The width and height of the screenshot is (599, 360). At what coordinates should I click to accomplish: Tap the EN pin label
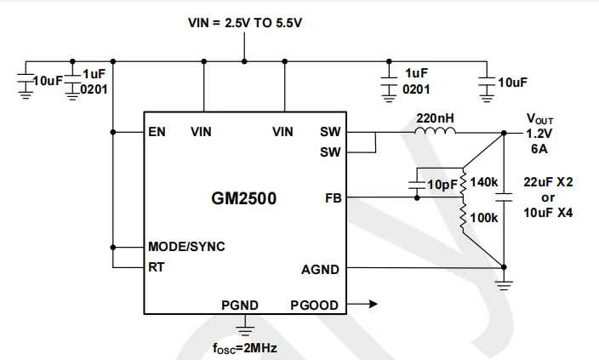tap(157, 132)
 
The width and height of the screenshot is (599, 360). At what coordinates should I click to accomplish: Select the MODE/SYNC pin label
tap(187, 247)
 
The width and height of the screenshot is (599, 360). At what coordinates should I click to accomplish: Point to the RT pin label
tap(157, 266)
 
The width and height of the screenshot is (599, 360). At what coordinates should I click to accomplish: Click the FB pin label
tap(333, 199)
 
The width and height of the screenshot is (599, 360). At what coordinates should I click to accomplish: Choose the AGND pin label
tap(320, 270)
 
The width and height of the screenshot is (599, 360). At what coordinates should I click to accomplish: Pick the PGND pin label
tap(240, 305)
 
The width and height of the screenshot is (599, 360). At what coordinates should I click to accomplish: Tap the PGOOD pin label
tap(314, 305)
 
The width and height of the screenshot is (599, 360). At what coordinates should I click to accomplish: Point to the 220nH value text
tap(434, 117)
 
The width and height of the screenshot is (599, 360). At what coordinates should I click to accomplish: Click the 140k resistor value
tap(483, 182)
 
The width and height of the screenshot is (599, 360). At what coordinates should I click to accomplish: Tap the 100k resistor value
tap(483, 218)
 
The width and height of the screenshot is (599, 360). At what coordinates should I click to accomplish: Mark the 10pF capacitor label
tap(440, 184)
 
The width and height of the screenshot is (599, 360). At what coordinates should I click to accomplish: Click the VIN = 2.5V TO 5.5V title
tap(245, 23)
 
